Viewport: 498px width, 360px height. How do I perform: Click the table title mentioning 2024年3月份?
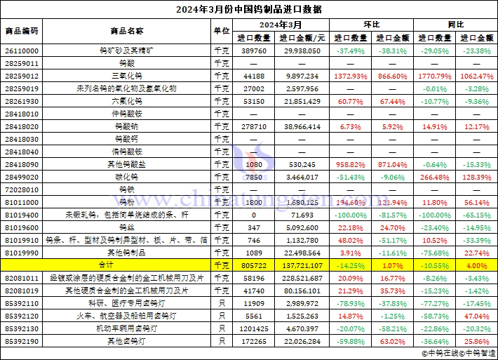tap(249, 10)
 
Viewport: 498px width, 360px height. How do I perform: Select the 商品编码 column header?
tap(22, 31)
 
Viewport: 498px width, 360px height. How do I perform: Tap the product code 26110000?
tap(22, 51)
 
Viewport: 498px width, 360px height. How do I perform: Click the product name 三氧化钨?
tap(127, 76)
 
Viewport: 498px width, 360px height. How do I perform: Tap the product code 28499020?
tap(22, 176)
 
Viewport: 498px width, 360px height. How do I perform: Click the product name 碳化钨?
tap(127, 176)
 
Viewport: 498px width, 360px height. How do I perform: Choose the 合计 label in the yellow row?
tap(127, 265)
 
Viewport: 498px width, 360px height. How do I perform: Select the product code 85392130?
tap(22, 328)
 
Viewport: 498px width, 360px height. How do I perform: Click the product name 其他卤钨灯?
tap(127, 340)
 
